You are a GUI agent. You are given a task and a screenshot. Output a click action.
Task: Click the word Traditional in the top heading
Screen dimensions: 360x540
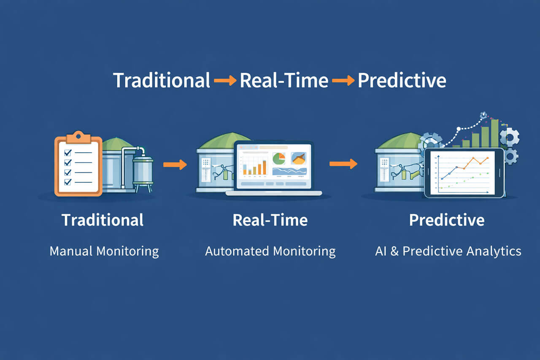pos(162,80)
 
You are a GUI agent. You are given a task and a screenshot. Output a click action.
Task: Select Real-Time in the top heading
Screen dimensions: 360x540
pos(284,80)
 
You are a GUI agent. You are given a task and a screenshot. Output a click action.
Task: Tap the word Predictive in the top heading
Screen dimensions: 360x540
pos(402,80)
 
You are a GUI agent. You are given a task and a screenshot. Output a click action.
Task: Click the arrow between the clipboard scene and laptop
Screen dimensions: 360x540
pos(175,165)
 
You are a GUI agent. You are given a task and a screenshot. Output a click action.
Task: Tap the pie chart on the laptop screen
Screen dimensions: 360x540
pos(279,159)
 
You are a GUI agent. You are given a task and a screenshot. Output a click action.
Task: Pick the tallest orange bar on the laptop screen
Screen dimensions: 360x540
pos(264,167)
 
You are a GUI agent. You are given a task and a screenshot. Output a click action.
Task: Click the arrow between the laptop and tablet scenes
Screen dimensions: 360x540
pos(343,164)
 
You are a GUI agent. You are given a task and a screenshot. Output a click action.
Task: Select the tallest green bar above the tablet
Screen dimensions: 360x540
pos(494,133)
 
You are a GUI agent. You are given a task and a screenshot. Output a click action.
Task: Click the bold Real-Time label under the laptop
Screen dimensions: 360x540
pos(270,220)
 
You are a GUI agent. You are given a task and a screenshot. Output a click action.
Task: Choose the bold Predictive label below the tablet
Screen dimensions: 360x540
pos(447,220)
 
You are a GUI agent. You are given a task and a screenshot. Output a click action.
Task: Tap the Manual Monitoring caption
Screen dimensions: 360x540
pos(104,252)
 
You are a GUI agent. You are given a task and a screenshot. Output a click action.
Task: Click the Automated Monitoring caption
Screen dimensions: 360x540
pos(270,252)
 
